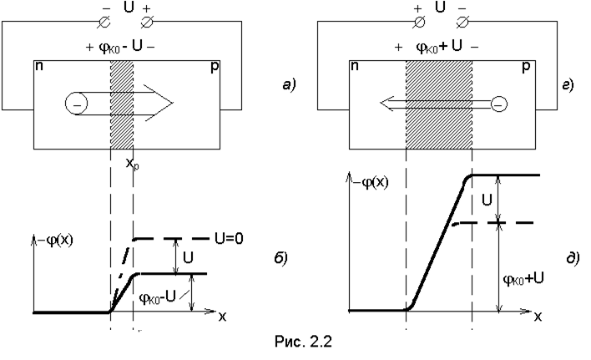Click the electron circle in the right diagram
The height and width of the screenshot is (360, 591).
pyautogui.click(x=498, y=104)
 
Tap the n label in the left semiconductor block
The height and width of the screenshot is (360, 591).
pyautogui.click(x=40, y=65)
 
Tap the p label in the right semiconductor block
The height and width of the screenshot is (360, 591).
pyautogui.click(x=525, y=66)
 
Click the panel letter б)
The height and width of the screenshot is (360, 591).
pyautogui.click(x=282, y=259)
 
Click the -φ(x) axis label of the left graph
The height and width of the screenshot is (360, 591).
pyautogui.click(x=52, y=244)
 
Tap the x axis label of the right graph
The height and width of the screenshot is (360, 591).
pyautogui.click(x=539, y=317)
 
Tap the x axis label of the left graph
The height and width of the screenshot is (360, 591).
pyautogui.click(x=223, y=317)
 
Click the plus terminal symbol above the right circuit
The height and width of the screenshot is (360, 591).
pyautogui.click(x=417, y=11)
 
